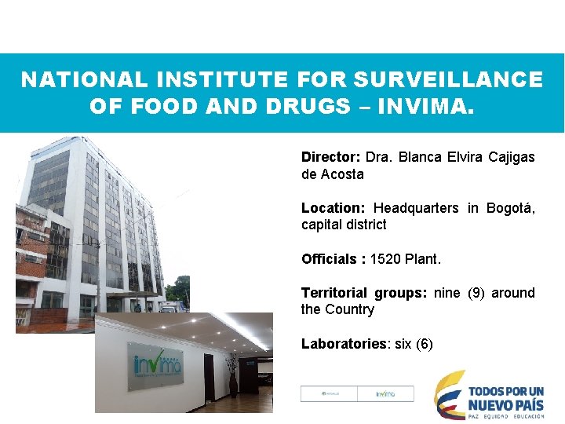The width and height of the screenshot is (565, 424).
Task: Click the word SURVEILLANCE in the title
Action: pos(448,80)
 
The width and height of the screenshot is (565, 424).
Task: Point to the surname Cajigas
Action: pos(512,157)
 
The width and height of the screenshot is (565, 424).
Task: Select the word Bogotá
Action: pos(511,208)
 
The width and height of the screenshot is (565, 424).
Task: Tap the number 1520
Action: pos(385,259)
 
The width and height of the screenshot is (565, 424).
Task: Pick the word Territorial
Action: pos(334,293)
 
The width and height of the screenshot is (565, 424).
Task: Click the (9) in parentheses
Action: pos(476,293)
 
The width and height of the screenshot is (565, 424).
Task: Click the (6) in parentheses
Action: pos(424,344)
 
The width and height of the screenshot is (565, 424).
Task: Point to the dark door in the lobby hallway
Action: pos(208,374)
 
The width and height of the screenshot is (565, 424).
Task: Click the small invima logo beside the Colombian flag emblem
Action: pos(385,394)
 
